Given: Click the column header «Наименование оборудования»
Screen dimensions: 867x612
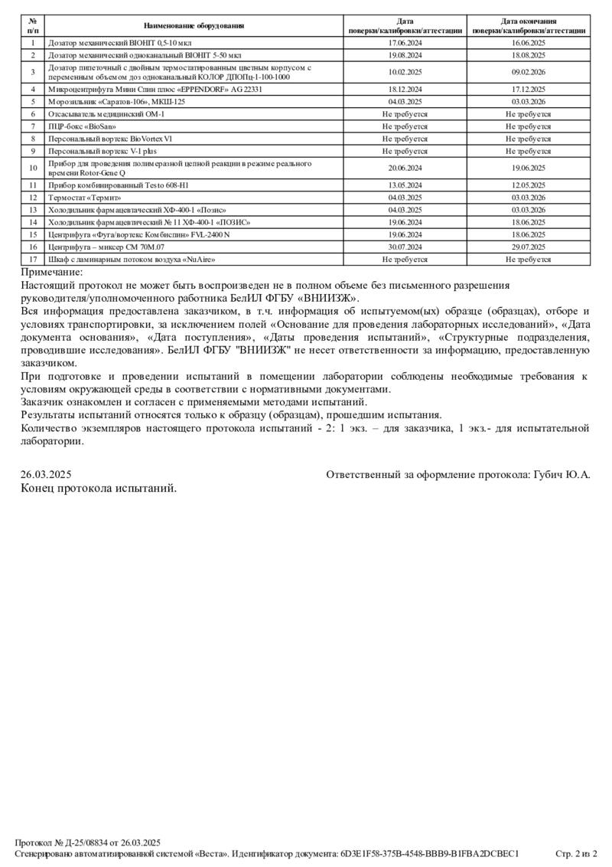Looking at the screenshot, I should (194, 26).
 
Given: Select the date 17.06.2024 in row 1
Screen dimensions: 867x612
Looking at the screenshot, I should (405, 44).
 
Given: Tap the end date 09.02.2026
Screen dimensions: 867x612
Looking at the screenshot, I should (528, 72).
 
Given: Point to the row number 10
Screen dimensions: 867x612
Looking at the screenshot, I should (33, 168).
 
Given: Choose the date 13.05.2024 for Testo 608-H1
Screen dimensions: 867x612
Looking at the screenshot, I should (405, 185).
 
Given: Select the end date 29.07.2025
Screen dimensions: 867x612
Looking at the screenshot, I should (528, 247).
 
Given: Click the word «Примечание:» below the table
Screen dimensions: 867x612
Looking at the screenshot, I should (52, 273).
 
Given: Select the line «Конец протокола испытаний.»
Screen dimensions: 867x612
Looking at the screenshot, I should (99, 489).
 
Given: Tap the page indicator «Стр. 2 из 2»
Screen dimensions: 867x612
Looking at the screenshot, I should (576, 853).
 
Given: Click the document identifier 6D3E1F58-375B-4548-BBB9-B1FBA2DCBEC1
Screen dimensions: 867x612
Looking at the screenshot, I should (429, 853).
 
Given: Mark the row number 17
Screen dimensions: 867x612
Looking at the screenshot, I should (33, 260).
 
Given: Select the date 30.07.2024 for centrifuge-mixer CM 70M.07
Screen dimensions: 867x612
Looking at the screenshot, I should (405, 247).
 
